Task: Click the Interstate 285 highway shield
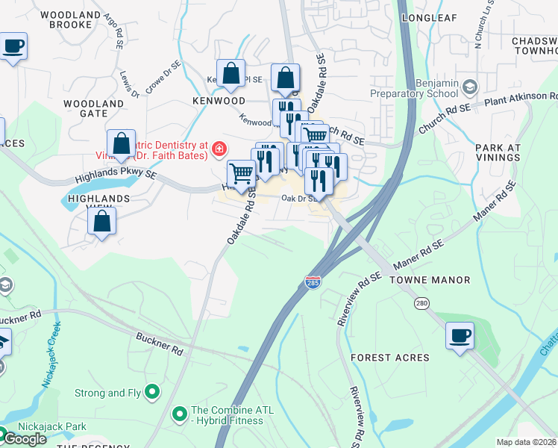[313, 282]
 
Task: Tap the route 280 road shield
[422, 303]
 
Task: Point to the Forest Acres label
[390, 358]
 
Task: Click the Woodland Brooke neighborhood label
[71, 19]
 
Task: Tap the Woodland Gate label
[94, 108]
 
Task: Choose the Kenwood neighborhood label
[219, 100]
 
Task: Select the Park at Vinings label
[498, 153]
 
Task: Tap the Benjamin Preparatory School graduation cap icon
[469, 88]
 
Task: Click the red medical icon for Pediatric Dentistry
[219, 149]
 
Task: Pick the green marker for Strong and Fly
[152, 391]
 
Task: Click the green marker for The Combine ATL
[179, 413]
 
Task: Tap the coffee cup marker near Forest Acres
[460, 335]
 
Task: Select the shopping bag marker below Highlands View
[102, 220]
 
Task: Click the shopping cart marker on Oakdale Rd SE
[241, 174]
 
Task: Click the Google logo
[24, 439]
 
